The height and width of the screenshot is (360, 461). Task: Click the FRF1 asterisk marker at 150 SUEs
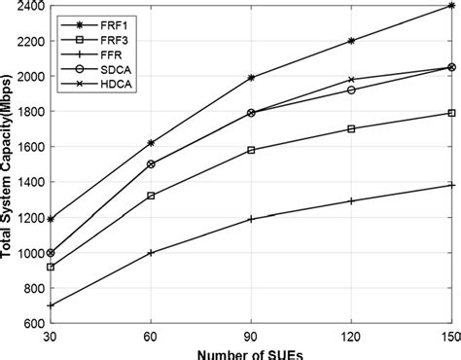[x=451, y=6]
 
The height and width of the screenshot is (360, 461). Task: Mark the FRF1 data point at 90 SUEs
[x=251, y=77]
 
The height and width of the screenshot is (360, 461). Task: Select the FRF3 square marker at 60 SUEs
[x=151, y=196]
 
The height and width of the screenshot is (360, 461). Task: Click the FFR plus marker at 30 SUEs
[x=51, y=306]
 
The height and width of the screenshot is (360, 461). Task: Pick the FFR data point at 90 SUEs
[x=251, y=219]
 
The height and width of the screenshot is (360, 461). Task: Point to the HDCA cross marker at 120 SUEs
[x=351, y=80]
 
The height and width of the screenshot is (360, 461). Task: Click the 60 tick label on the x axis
[x=151, y=336]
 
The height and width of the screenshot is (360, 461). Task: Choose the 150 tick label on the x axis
[x=449, y=336]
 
